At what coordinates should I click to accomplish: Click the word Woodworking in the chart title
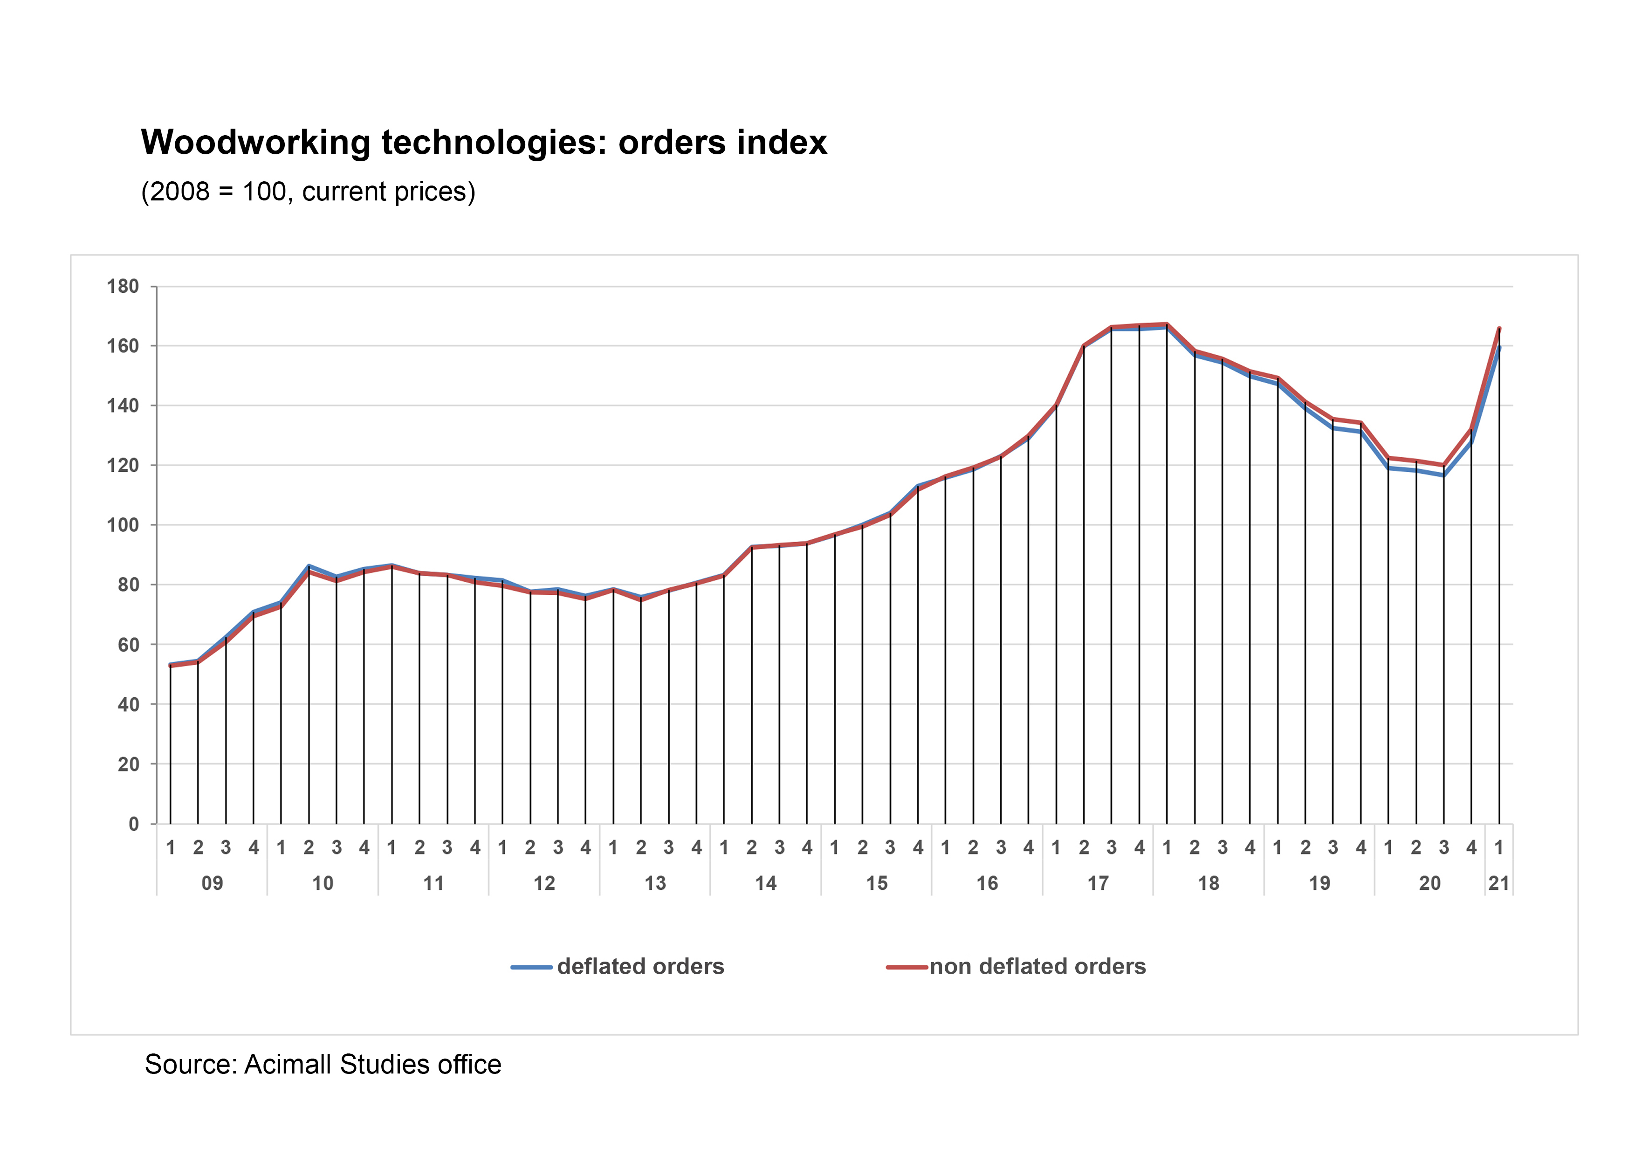255,143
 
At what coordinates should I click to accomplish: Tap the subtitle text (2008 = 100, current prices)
308,192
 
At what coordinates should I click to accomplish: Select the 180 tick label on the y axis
123,287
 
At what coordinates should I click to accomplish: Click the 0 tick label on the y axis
133,824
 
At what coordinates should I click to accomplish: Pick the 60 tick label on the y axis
128,645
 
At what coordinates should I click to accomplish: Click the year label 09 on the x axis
212,883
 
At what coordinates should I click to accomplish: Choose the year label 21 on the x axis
1498,883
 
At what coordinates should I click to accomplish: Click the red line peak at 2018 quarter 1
1167,324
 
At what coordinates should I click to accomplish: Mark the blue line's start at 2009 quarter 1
170,664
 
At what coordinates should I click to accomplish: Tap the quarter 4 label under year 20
1471,847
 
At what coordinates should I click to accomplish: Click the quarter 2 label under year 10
309,847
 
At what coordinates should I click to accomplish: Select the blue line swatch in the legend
531,967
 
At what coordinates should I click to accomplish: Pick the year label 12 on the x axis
544,883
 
